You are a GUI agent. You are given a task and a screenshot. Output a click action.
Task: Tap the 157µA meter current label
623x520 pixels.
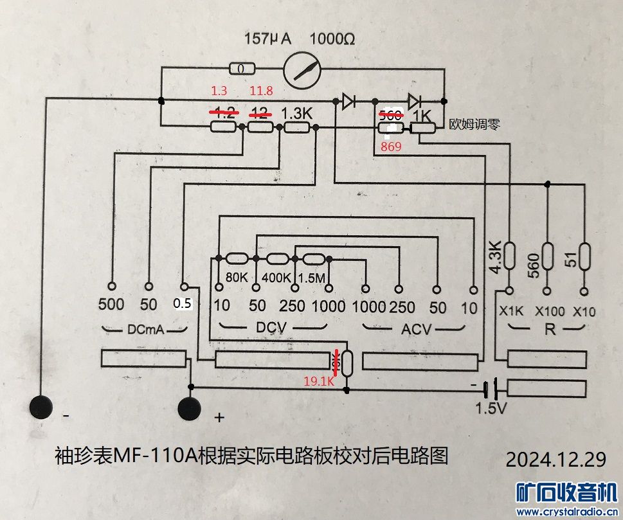coord(267,39)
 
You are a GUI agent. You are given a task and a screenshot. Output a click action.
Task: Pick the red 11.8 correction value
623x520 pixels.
coord(261,91)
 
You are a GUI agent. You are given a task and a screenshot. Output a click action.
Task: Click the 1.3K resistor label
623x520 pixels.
coord(296,112)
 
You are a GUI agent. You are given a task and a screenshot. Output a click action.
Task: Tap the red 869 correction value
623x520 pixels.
coord(390,147)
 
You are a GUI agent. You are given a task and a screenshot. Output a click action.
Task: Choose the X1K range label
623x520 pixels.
coord(512,312)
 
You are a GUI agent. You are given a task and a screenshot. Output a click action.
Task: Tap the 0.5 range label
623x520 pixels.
coord(183,304)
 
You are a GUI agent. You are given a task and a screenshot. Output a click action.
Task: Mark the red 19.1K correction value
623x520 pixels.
coord(320,381)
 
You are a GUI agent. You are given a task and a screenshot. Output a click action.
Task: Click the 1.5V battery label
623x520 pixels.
coord(491,408)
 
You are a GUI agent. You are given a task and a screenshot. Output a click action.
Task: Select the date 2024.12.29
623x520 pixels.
coord(556,460)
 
